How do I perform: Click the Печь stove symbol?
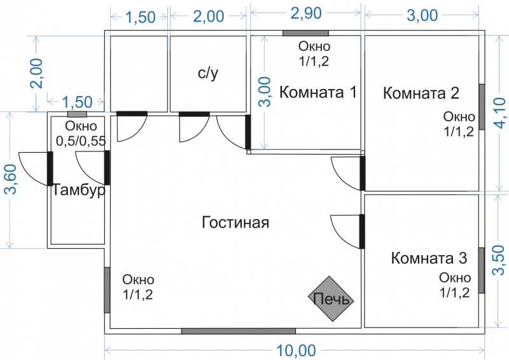click(x=332, y=298)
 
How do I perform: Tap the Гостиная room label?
click(x=235, y=223)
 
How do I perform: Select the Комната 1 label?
click(x=317, y=93)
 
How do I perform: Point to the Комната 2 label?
click(x=421, y=93)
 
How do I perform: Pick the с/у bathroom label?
click(x=208, y=73)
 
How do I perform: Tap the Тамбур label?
click(x=78, y=191)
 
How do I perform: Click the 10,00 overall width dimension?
click(x=296, y=350)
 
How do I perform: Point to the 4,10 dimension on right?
click(x=501, y=112)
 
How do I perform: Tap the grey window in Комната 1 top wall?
click(x=305, y=32)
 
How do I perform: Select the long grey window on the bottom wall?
click(x=238, y=331)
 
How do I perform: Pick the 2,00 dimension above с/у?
click(x=208, y=17)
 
